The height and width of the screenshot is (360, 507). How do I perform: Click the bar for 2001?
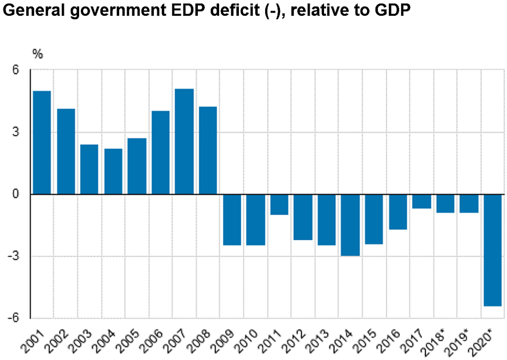[x=42, y=142]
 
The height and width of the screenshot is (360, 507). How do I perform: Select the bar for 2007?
[x=185, y=141]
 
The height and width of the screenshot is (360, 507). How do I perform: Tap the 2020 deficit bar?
[x=493, y=250]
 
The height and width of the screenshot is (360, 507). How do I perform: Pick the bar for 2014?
[x=350, y=225]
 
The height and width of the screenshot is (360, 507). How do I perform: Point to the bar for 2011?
[x=279, y=204]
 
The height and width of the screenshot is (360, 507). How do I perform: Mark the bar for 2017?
[x=421, y=201]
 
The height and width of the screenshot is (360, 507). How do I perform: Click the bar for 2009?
[x=232, y=220]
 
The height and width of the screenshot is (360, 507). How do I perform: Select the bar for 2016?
[x=398, y=212]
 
